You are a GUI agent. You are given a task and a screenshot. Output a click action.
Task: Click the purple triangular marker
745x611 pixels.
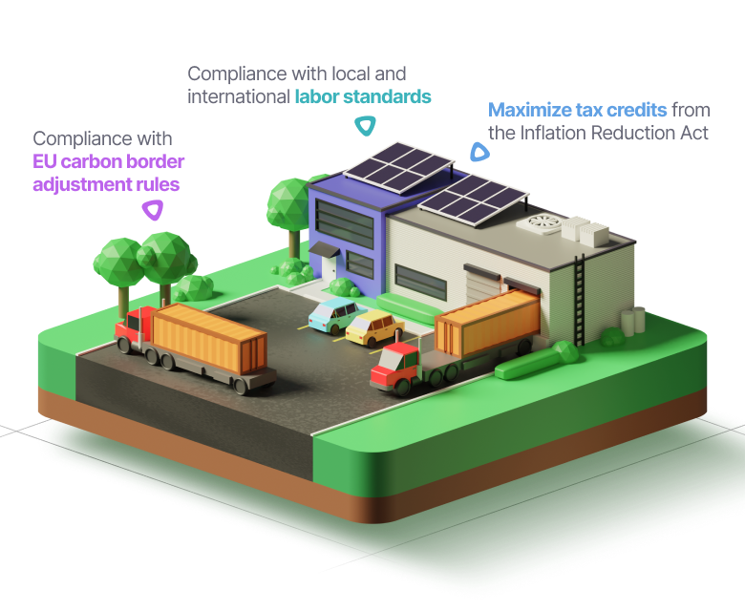point(152,211)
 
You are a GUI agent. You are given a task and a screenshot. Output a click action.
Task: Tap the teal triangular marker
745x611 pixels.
point(364,125)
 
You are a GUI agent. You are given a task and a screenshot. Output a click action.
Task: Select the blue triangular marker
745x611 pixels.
point(477,152)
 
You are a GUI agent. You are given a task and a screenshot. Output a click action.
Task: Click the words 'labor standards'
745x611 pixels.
point(362,96)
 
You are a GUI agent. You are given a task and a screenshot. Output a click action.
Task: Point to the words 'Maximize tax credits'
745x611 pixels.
point(577,110)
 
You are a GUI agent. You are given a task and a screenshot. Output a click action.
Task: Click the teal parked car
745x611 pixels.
point(331,314)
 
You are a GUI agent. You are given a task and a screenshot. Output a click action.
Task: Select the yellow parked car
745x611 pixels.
point(373,327)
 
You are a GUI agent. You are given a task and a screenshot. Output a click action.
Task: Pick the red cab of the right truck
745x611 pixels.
point(394,368)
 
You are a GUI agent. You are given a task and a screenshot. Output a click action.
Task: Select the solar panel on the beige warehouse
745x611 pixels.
point(472,198)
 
